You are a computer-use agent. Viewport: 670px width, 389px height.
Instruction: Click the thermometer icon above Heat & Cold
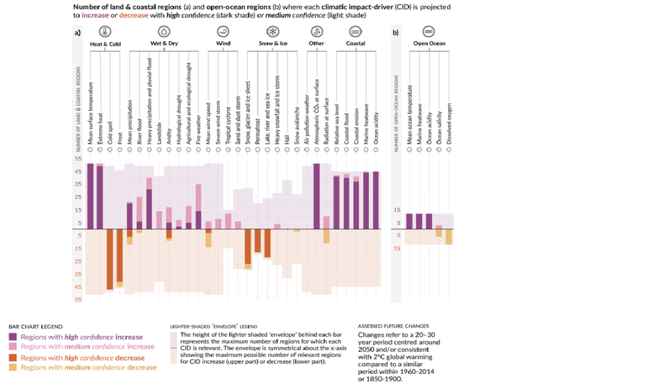pyautogui.click(x=105, y=31)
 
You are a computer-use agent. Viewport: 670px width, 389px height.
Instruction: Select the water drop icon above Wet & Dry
pyautogui.click(x=164, y=31)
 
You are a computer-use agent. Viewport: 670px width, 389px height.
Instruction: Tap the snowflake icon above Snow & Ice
pyautogui.click(x=271, y=31)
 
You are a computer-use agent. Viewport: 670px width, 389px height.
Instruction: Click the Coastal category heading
pyautogui.click(x=355, y=44)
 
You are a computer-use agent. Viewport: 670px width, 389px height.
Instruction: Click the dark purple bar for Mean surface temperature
pyautogui.click(x=90, y=196)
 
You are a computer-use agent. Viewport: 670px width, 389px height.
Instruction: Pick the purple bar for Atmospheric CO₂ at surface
pyautogui.click(x=317, y=196)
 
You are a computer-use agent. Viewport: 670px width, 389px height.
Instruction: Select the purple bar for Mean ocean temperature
pyautogui.click(x=410, y=221)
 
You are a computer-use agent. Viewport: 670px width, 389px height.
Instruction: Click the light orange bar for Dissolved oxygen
pyautogui.click(x=449, y=237)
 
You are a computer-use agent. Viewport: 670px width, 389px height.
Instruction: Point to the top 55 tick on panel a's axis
pyautogui.click(x=79, y=159)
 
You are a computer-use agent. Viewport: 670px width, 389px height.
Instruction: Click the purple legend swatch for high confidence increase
pyautogui.click(x=13, y=337)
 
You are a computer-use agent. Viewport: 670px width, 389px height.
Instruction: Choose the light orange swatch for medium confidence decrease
pyautogui.click(x=13, y=367)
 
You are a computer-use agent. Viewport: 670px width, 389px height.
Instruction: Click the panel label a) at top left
pyautogui.click(x=78, y=32)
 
